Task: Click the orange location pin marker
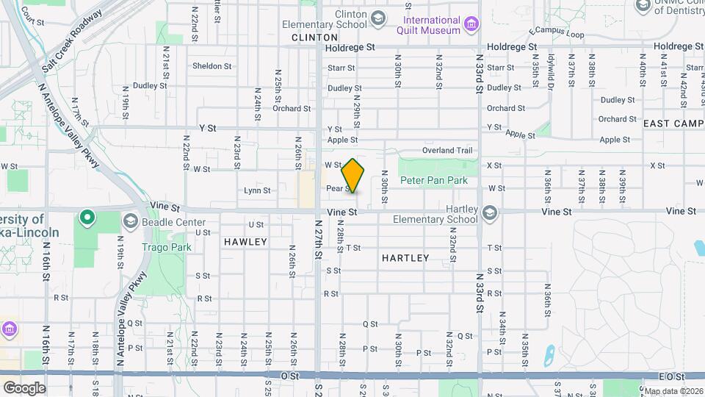pyautogui.click(x=353, y=175)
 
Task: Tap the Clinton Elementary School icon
pyautogui.click(x=378, y=18)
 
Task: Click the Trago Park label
pyautogui.click(x=167, y=248)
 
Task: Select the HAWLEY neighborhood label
pyautogui.click(x=245, y=241)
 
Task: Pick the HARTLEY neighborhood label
pyautogui.click(x=405, y=258)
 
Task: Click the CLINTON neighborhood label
pyautogui.click(x=314, y=37)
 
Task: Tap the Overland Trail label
pyautogui.click(x=447, y=151)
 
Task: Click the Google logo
pyautogui.click(x=24, y=387)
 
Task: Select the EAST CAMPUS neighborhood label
pyautogui.click(x=673, y=124)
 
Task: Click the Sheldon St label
pyautogui.click(x=211, y=66)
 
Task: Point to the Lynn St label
pyautogui.click(x=257, y=190)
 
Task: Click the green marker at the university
pyautogui.click(x=87, y=218)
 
